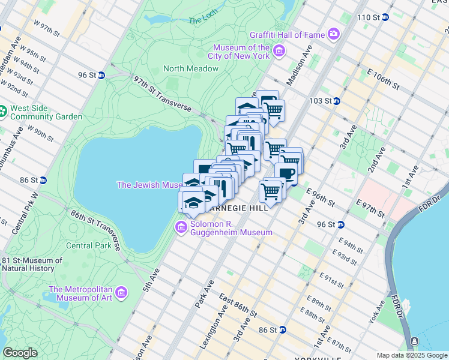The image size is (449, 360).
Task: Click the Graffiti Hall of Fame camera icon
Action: (x=334, y=35)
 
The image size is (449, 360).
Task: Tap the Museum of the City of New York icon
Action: (x=279, y=52)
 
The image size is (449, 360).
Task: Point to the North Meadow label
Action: (x=191, y=68)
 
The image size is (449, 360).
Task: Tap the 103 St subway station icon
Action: (x=337, y=101)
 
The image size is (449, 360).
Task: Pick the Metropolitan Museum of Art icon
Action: (x=122, y=293)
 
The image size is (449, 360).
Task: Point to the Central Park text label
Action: (x=88, y=245)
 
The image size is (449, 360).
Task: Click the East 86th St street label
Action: (x=238, y=306)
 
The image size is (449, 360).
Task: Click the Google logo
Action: (x=20, y=353)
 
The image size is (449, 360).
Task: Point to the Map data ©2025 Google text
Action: (x=411, y=355)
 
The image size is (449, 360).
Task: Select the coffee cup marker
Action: (x=286, y=173)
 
